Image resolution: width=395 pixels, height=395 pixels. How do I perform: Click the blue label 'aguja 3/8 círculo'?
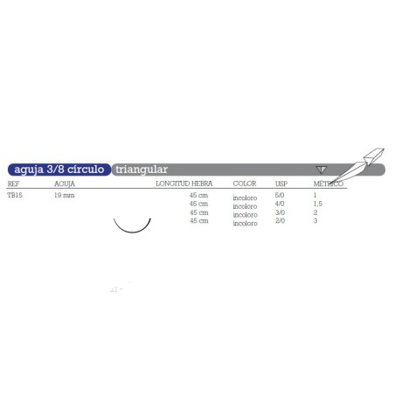(58, 169)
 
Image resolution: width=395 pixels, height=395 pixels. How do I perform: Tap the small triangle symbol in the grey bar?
(322, 169)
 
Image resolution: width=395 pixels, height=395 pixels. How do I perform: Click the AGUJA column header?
(65, 185)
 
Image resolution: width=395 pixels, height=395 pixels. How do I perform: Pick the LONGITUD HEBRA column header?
(182, 185)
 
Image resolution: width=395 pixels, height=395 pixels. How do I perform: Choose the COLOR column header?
(244, 185)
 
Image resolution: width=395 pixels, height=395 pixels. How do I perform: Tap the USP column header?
(281, 185)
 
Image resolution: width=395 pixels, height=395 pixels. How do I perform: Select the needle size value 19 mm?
(64, 196)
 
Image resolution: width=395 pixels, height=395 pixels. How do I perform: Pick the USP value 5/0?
(281, 196)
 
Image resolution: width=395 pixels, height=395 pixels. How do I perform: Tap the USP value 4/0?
(281, 204)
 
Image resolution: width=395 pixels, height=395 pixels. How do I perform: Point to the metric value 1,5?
(319, 204)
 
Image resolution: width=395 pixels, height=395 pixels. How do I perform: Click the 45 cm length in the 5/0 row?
(199, 196)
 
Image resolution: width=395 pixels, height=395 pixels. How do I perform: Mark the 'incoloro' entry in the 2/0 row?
(245, 225)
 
